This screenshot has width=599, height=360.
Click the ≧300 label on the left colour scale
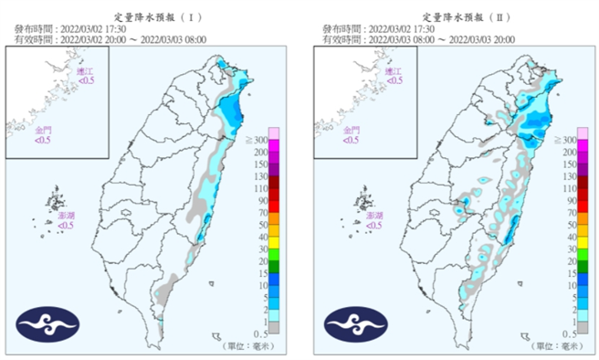pos(257,139)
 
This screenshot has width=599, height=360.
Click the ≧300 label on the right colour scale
pos(564,139)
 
